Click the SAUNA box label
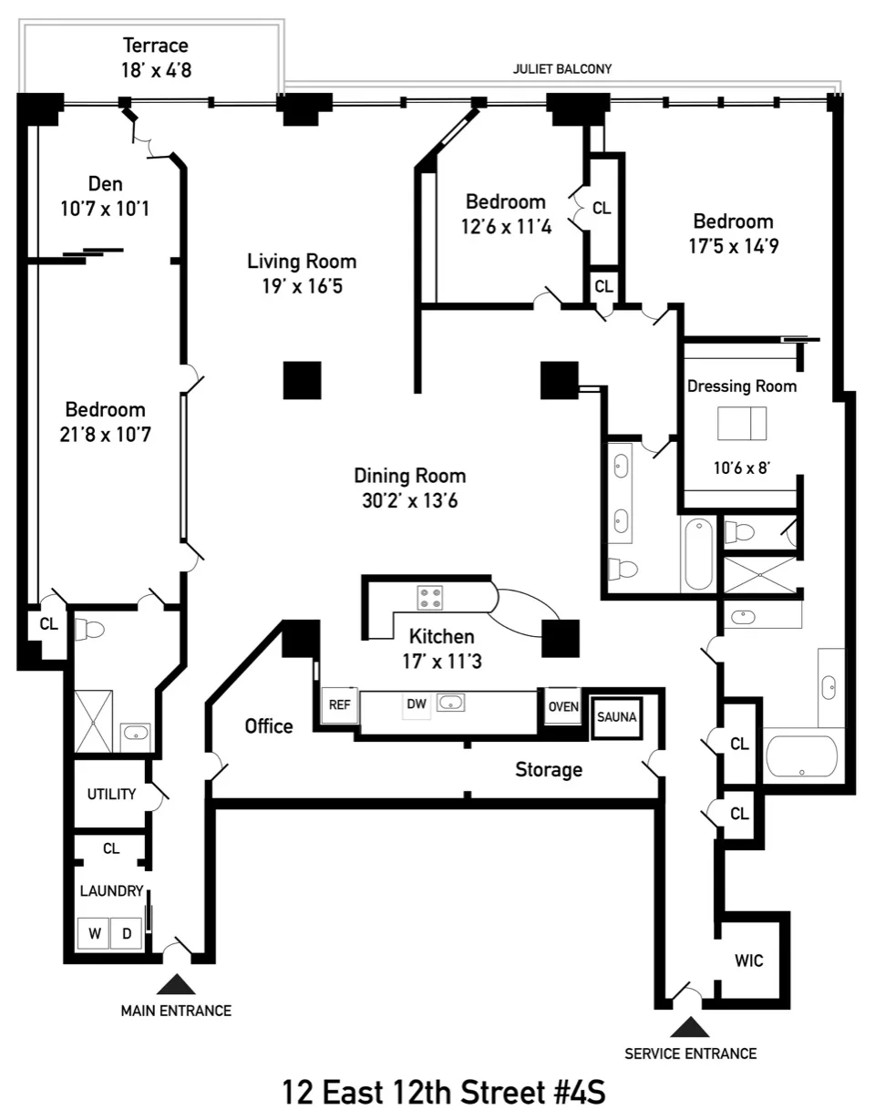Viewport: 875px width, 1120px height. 617,716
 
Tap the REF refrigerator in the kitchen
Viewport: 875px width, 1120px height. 339,704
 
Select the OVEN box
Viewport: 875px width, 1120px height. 562,705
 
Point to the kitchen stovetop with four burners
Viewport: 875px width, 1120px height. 430,598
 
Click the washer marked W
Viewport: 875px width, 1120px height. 93,933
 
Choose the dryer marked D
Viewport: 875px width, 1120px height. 127,933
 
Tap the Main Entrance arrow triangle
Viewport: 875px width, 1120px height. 176,984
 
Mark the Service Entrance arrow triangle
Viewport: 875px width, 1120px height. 690,1027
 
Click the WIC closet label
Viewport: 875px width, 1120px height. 748,961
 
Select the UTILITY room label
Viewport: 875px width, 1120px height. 111,794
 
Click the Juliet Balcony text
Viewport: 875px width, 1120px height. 562,68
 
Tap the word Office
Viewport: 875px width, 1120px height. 269,725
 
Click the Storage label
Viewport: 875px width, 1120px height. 549,769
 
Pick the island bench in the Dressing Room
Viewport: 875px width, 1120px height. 742,424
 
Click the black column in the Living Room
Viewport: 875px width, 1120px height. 302,380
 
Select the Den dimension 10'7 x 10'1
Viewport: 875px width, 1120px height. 105,209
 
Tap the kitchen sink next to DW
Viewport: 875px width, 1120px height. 451,703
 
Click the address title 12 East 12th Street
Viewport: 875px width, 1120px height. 444,1090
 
